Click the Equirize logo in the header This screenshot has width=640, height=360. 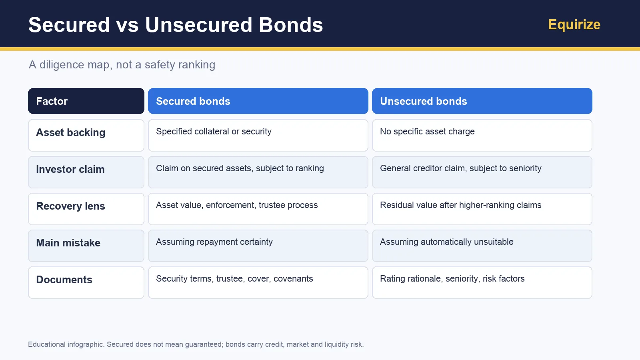574,24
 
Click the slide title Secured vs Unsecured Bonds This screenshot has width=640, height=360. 176,25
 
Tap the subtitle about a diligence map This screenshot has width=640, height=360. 122,64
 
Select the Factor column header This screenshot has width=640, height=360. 86,101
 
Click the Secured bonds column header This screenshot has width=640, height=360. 258,101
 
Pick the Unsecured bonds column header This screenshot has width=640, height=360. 482,101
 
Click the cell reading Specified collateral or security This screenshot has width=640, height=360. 258,136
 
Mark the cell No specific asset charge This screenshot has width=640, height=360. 482,136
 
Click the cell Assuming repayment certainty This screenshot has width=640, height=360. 258,246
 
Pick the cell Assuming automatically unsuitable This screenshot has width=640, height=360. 482,246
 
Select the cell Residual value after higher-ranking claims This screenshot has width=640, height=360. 482,209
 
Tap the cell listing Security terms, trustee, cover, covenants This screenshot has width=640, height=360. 258,283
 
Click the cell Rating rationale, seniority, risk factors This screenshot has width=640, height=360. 482,283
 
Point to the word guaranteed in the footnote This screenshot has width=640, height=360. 204,344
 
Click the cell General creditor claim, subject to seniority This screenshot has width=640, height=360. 482,172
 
